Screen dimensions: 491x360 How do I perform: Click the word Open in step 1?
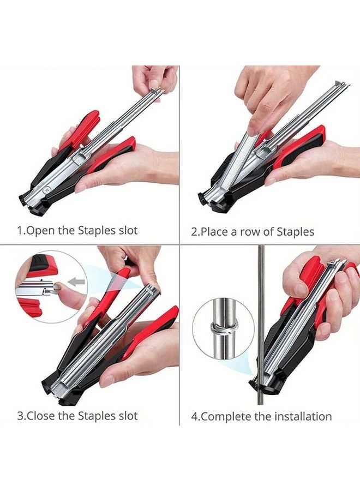coord(40,230)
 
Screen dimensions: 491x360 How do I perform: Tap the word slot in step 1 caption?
coord(126,230)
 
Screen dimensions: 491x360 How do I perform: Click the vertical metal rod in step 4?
coord(261,284)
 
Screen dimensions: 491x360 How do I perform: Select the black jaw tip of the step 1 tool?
coord(25,197)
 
